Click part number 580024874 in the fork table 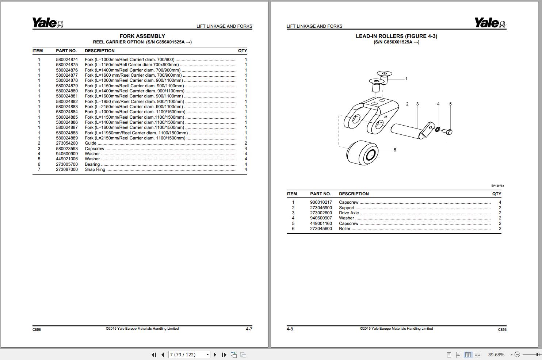click(x=66, y=60)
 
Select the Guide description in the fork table click(x=91, y=143)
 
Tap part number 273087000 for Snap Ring click(x=66, y=169)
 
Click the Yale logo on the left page click(x=48, y=23)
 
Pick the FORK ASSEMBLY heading click(x=142, y=36)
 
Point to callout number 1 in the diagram click(x=406, y=79)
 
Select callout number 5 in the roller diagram click(x=450, y=104)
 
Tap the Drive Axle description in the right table click(x=349, y=213)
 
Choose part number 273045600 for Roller click(x=321, y=229)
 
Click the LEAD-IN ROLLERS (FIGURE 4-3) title click(x=396, y=36)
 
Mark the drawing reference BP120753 click(x=497, y=185)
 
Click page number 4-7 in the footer click(x=249, y=329)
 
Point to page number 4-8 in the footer click(x=290, y=329)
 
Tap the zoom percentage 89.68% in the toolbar click(x=496, y=355)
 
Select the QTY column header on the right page click(x=496, y=194)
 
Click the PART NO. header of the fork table click(x=66, y=51)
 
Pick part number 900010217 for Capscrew click(x=321, y=202)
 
